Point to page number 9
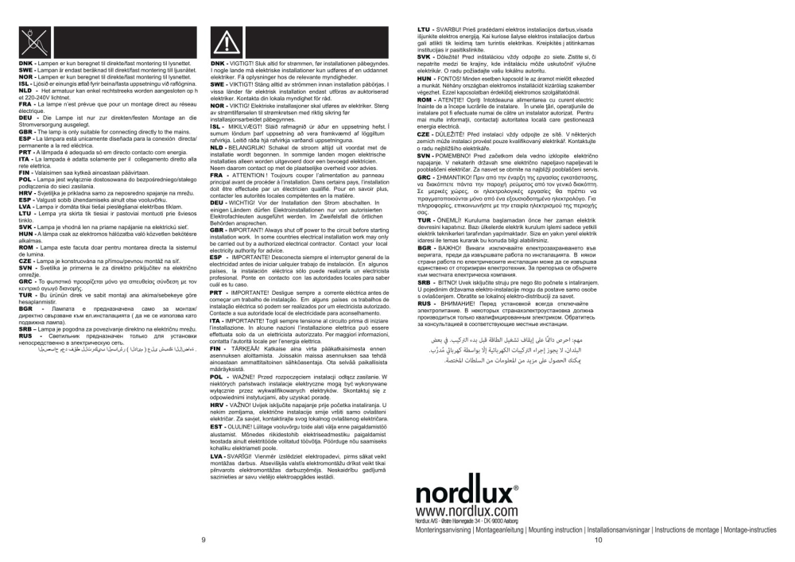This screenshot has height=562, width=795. tap(204, 540)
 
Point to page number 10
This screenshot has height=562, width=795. tap(599, 540)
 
